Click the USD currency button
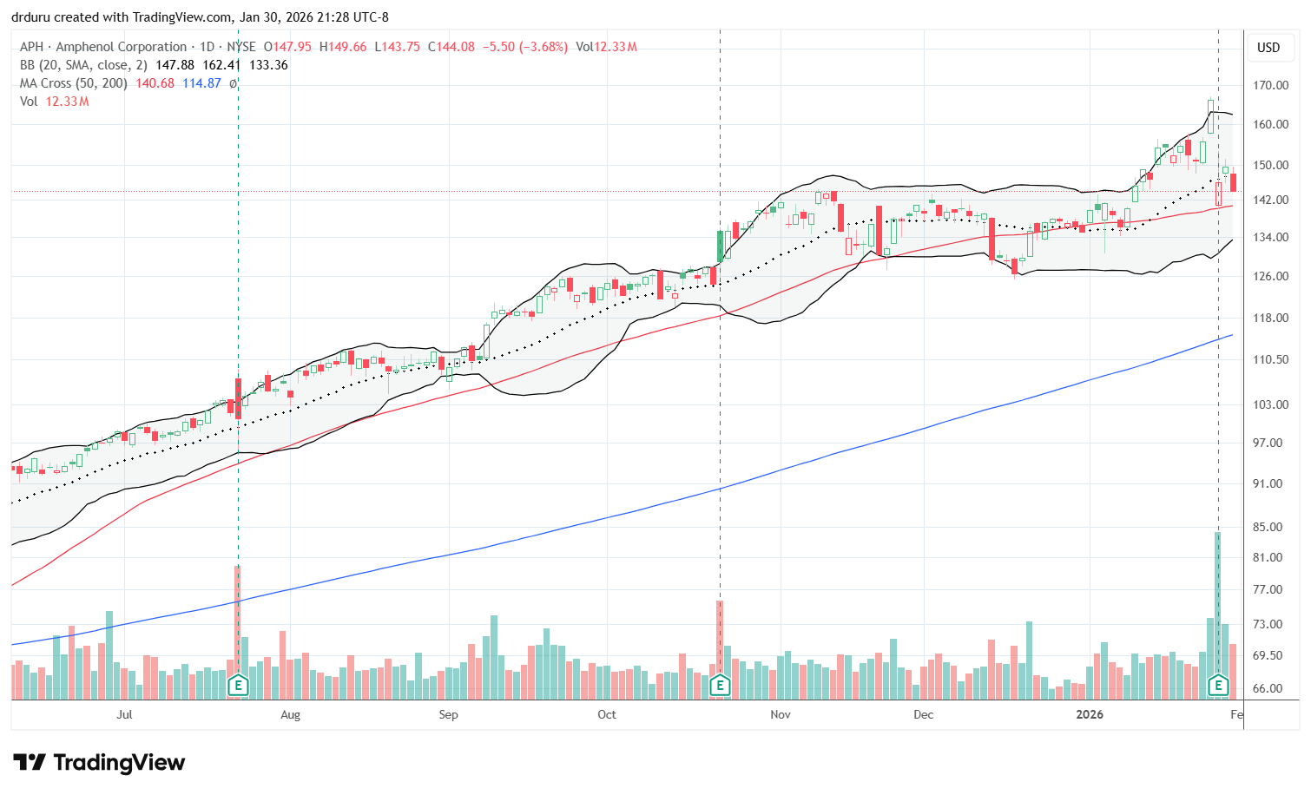coord(1268,48)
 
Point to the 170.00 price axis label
coord(1269,85)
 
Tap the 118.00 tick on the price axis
coord(1269,318)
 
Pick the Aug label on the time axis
coord(290,714)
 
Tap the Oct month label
coord(607,714)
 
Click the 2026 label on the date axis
coord(1089,714)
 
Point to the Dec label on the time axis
coord(923,714)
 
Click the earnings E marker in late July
coord(238,686)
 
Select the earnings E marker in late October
coord(720,686)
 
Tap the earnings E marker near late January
coord(1218,686)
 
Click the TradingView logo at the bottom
coord(99,763)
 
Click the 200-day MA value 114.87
coord(201,83)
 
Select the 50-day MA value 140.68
coord(155,83)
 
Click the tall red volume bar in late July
coord(237,621)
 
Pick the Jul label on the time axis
coord(124,714)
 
